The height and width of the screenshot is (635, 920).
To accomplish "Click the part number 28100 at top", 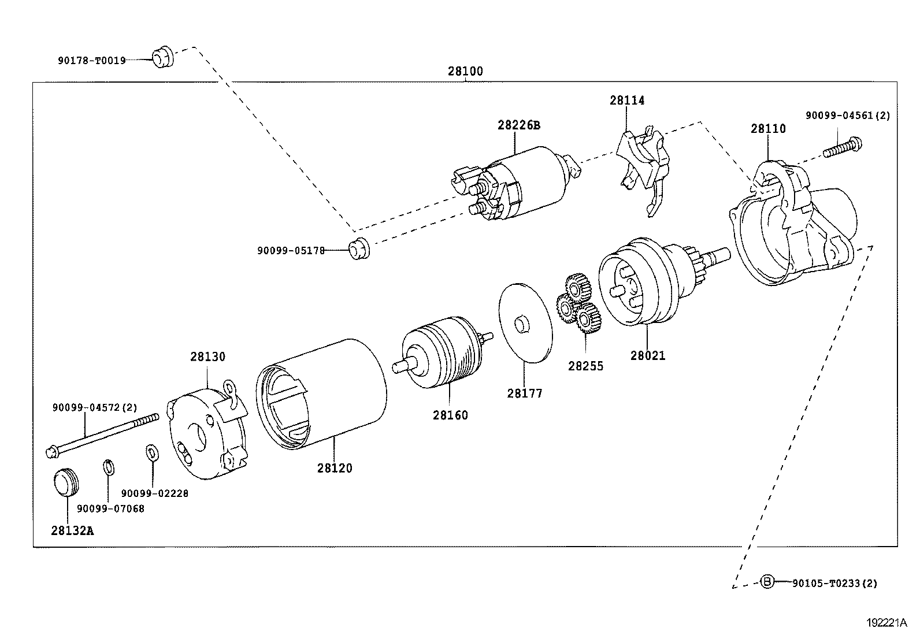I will [465, 72].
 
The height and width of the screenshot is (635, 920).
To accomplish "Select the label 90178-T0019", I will [91, 60].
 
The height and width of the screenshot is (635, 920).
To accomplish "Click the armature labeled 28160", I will [442, 354].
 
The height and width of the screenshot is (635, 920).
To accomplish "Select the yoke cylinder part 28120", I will [321, 393].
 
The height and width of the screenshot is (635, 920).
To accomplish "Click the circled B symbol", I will [766, 581].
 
